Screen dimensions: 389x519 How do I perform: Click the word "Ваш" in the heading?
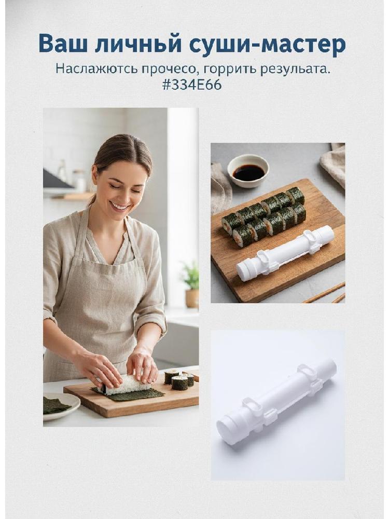click(63, 44)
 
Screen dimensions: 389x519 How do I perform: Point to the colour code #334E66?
click(192, 85)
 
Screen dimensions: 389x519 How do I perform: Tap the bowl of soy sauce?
click(248, 170)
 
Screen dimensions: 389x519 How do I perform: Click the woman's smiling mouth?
click(120, 207)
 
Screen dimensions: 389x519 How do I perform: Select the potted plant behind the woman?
click(191, 284)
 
